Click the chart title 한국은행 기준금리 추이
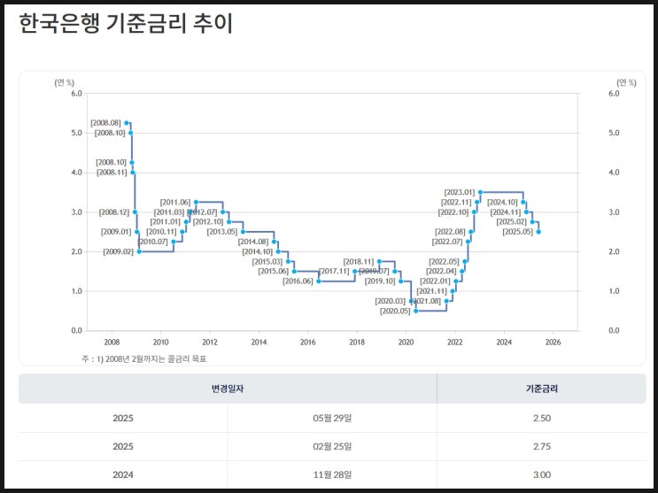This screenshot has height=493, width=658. [x=125, y=25]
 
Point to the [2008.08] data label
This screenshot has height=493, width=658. [x=106, y=123]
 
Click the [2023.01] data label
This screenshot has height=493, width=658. [x=460, y=192]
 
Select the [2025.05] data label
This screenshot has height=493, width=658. [x=518, y=232]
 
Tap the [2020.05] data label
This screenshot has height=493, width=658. [x=395, y=312]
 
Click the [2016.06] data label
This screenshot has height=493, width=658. [x=298, y=281]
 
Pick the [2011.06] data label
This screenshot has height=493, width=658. [x=175, y=202]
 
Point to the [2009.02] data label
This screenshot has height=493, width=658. [x=119, y=252]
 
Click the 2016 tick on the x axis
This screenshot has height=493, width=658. [x=307, y=342]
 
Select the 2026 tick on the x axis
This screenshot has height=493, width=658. [x=553, y=342]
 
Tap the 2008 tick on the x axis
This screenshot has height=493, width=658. [x=112, y=342]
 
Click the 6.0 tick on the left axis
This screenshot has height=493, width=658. [x=76, y=93]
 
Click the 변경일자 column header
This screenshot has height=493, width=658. [x=228, y=389]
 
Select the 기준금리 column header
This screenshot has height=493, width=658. [x=540, y=389]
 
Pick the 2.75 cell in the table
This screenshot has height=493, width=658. [x=540, y=446]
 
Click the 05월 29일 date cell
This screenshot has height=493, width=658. [x=331, y=417]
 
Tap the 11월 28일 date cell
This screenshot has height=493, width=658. [x=331, y=475]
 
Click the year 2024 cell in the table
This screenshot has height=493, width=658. [x=123, y=475]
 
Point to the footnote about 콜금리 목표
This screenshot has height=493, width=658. [x=150, y=358]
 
